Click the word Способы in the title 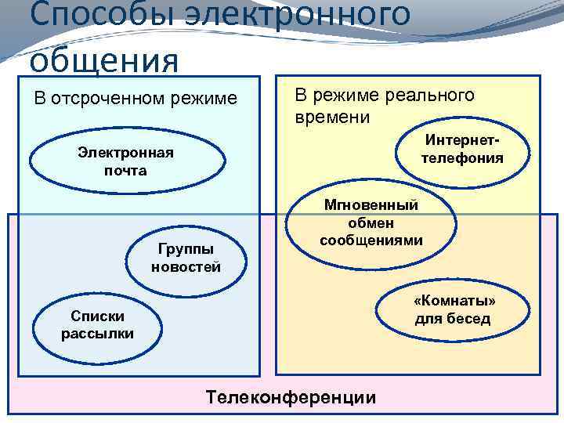90,16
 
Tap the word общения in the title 106,59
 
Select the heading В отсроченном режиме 135,99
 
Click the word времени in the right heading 333,117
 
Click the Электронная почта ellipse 125,161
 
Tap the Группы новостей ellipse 186,258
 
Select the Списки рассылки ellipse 97,324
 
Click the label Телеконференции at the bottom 291,397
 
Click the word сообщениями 371,240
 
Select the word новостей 186,266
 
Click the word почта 125,170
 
